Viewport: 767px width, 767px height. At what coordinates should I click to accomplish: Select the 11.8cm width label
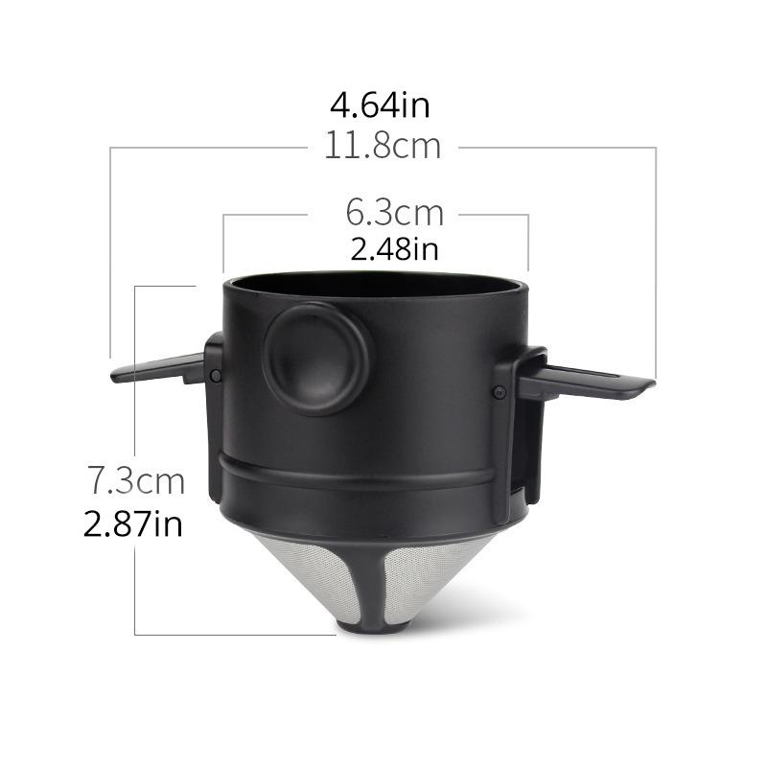point(382,147)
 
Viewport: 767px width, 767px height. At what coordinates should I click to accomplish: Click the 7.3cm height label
point(135,477)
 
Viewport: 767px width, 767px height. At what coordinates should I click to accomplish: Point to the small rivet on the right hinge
point(500,390)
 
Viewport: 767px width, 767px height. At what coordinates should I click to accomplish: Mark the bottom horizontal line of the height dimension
point(235,634)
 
